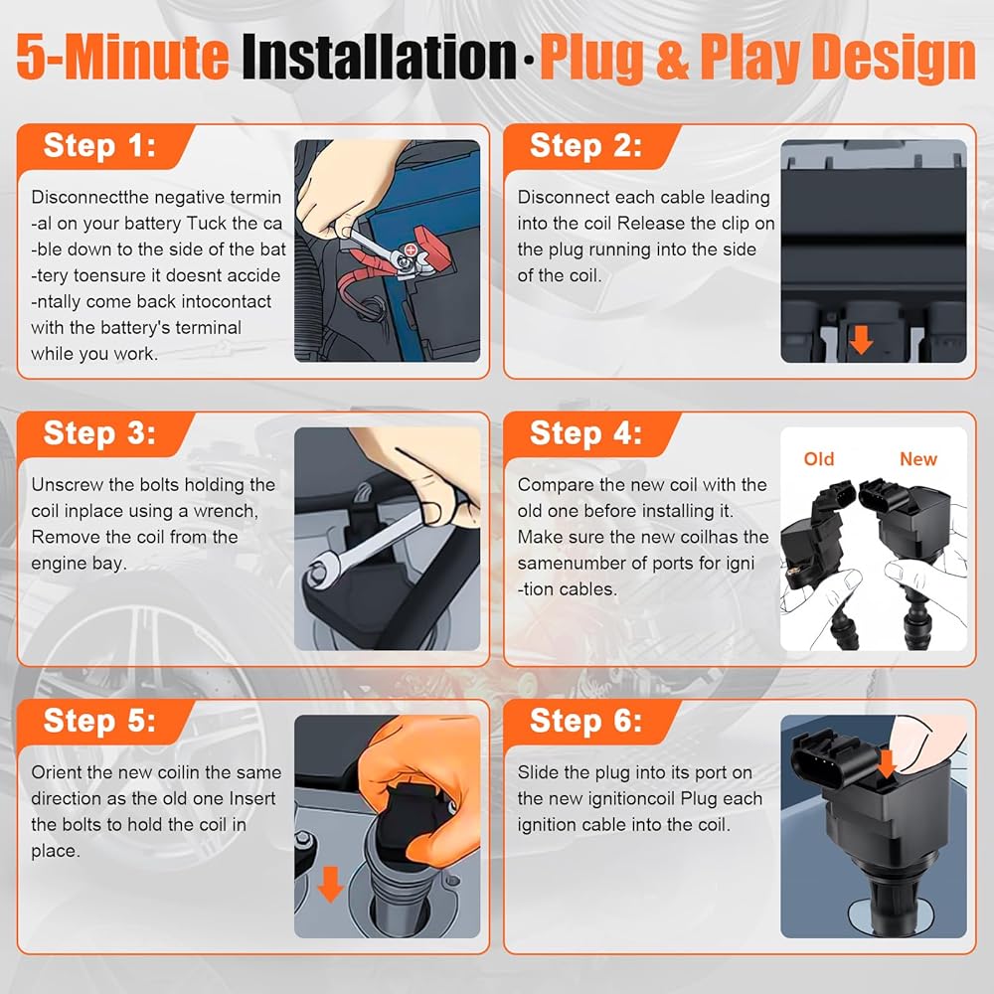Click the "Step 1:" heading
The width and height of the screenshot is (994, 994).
(x=99, y=146)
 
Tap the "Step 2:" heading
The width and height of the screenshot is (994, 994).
(x=585, y=146)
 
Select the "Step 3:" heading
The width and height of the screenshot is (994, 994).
(x=99, y=433)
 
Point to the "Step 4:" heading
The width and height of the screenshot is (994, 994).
(x=585, y=433)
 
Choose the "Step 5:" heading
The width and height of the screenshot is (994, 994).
(x=99, y=721)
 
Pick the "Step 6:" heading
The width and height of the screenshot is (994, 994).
(x=585, y=721)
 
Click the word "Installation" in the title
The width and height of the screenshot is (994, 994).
(x=379, y=57)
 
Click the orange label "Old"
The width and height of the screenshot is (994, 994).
(x=818, y=459)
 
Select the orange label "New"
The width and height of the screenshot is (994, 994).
(x=917, y=459)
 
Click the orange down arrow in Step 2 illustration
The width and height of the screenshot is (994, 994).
(x=861, y=340)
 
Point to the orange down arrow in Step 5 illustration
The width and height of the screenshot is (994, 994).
(x=330, y=884)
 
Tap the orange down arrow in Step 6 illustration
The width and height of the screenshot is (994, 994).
(x=887, y=763)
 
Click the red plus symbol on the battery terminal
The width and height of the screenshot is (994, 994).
(x=411, y=250)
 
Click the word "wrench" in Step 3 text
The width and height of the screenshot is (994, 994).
(x=226, y=511)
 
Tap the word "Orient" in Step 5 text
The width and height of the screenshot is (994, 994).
(x=55, y=772)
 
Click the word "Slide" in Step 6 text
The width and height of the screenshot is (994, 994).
(x=538, y=772)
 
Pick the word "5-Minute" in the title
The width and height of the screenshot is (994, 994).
(x=122, y=57)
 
